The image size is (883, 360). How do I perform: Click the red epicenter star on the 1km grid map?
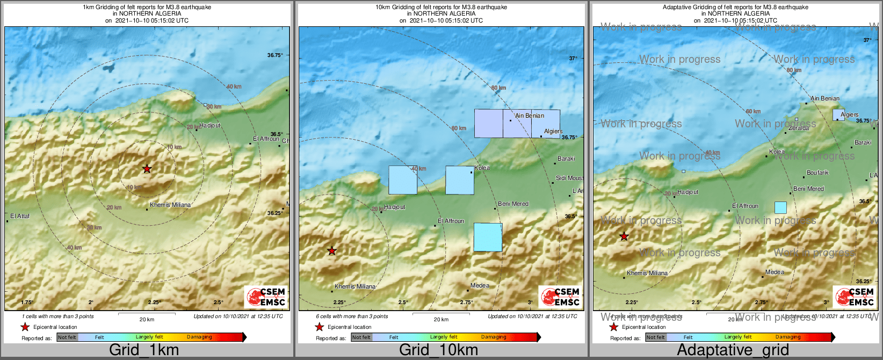tap(147, 169)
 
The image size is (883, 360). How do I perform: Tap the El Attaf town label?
tap(20, 217)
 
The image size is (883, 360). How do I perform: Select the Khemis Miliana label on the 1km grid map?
tap(170, 205)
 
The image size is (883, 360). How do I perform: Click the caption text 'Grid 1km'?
tap(144, 350)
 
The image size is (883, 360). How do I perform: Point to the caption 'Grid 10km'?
tap(438, 350)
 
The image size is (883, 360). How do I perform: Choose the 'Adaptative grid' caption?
tap(733, 350)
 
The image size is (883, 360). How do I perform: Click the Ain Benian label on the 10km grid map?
tap(530, 116)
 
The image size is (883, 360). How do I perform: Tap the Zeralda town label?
tap(799, 128)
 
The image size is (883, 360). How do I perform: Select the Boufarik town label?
tap(817, 172)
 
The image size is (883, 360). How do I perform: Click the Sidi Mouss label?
tap(569, 178)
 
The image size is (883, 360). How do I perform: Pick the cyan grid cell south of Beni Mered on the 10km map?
tap(488, 237)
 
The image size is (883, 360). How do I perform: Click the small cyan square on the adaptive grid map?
tap(780, 207)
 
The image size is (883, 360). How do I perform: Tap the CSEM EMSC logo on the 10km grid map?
tap(561, 297)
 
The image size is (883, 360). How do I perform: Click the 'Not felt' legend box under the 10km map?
tap(361, 337)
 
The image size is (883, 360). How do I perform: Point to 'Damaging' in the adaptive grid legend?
tap(788, 337)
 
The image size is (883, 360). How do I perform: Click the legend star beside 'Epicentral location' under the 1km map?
tap(25, 327)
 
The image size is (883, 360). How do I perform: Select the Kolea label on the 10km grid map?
tap(482, 168)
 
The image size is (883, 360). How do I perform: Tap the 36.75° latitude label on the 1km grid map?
tap(274, 55)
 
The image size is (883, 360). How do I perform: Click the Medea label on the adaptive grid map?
tap(775, 272)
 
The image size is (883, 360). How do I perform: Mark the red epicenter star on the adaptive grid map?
tap(624, 236)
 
